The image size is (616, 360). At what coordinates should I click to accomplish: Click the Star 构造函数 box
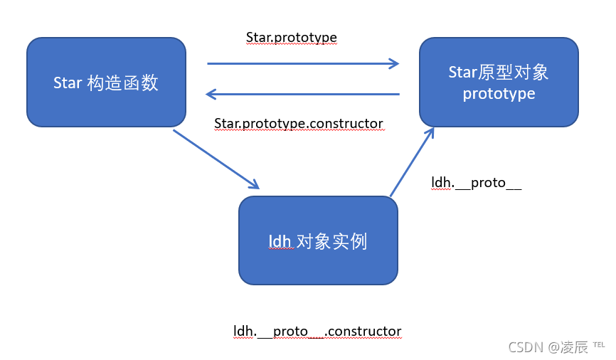point(106,83)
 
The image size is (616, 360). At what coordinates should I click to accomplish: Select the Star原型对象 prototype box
point(499,83)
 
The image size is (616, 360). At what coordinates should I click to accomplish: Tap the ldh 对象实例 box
point(318,240)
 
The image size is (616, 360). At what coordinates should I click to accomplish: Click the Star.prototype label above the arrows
point(291,37)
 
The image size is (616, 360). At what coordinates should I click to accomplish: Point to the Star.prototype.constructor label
point(299,124)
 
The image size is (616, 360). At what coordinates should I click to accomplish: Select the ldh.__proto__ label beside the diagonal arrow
point(477,182)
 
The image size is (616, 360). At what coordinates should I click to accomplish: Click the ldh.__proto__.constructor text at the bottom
point(317,331)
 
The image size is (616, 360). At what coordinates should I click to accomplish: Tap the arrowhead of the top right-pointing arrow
point(394,63)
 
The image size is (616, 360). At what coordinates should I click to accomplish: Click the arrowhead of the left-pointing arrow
point(211,94)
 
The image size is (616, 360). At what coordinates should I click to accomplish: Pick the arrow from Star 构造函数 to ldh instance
point(216,159)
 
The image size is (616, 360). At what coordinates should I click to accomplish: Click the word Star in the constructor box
point(68,83)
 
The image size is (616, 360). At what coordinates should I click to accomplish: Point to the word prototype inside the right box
point(499,93)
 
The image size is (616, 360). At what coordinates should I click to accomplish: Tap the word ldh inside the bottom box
point(280,242)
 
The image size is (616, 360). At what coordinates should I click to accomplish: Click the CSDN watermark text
point(525,346)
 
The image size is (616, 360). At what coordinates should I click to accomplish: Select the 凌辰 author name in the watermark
point(576,346)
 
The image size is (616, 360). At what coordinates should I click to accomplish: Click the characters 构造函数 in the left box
point(122,83)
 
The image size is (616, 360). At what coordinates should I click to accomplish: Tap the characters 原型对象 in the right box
point(514,73)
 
